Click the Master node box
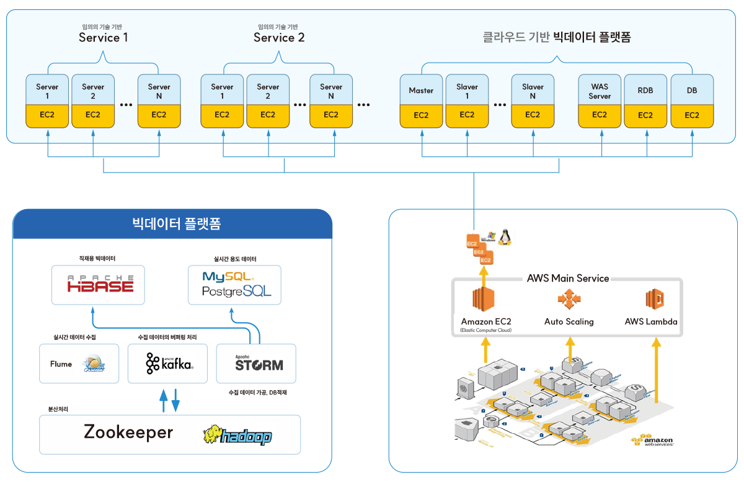coord(421,91)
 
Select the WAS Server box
coord(600,91)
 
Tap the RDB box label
coord(645,91)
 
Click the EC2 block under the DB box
coord(691,115)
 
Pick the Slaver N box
coord(533,91)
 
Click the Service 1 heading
coord(103,37)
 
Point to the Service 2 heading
coord(278,37)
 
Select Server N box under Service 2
coord(331,91)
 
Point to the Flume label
coord(61,364)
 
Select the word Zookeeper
coord(128,432)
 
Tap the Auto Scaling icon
coord(569,300)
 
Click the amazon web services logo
coord(651,441)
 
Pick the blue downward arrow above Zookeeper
coord(175,401)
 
